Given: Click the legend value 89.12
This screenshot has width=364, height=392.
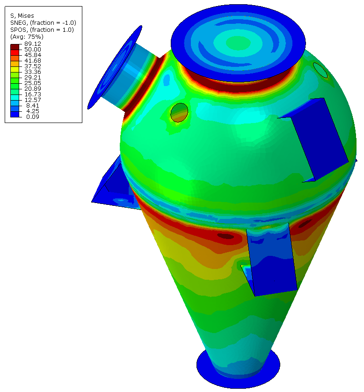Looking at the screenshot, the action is pyautogui.click(x=32, y=44).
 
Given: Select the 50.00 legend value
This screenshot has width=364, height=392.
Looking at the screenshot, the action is pyautogui.click(x=32, y=50).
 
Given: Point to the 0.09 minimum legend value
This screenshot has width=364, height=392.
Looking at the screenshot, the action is pyautogui.click(x=32, y=117).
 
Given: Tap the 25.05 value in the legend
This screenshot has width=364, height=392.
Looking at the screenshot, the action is pyautogui.click(x=32, y=83).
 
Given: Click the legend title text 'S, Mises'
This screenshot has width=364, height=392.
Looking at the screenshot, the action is pyautogui.click(x=22, y=16).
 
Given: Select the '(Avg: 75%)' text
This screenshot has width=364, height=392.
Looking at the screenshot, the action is pyautogui.click(x=27, y=37).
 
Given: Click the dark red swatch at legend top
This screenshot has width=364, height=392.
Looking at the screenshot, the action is pyautogui.click(x=15, y=47).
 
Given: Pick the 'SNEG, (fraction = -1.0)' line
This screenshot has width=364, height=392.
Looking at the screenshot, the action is pyautogui.click(x=43, y=23).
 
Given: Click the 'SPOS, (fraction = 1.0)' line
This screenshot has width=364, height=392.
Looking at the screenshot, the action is pyautogui.click(x=42, y=30).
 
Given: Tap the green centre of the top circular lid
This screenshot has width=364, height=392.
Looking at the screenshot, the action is pyautogui.click(x=238, y=43).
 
